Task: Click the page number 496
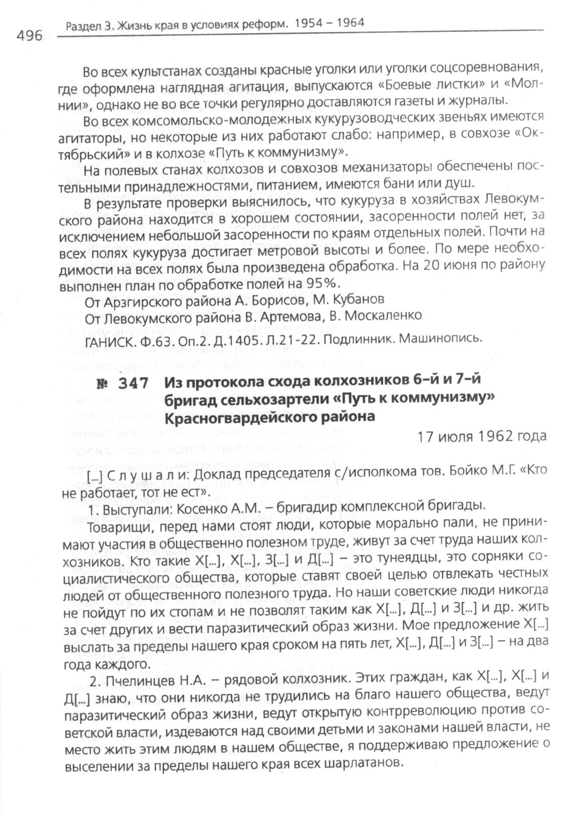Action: [x=30, y=36]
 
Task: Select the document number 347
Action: [x=133, y=383]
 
